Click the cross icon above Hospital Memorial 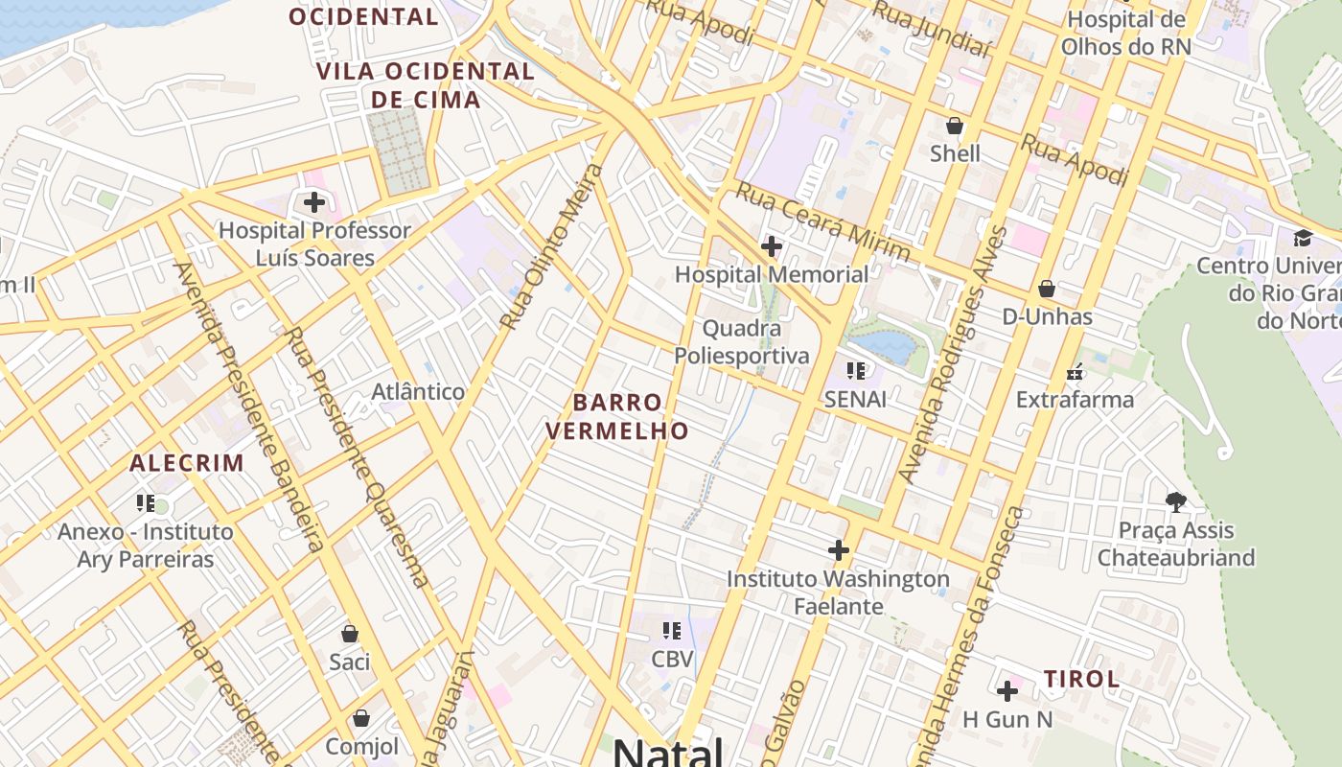771,246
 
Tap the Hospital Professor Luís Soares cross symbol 313,202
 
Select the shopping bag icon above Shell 954,126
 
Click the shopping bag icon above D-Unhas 1047,289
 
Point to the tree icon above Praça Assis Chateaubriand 1175,501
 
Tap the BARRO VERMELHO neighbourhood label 617,416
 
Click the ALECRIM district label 187,463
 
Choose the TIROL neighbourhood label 1081,680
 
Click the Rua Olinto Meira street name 553,246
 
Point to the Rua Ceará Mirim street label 821,222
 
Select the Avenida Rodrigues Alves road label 952,355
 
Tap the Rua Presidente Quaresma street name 356,456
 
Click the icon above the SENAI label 856,370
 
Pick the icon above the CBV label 672,631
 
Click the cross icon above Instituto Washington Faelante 839,550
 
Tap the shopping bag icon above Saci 350,634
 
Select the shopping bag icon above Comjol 361,718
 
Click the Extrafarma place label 1075,399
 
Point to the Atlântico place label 418,391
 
